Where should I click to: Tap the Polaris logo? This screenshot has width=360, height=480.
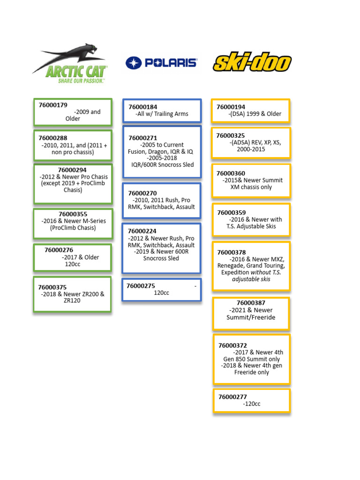click(x=161, y=62)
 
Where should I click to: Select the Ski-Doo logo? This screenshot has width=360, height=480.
click(x=252, y=62)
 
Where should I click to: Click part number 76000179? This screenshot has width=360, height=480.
click(x=53, y=105)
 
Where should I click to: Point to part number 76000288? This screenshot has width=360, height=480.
click(x=53, y=138)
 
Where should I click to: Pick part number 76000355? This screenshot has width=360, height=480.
click(x=73, y=214)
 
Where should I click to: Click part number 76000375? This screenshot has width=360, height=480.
click(x=52, y=287)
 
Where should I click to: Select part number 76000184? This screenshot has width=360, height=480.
click(x=142, y=107)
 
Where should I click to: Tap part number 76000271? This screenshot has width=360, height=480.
click(x=142, y=138)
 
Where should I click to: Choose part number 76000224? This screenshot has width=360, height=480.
click(x=142, y=231)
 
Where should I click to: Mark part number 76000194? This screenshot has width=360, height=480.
click(x=231, y=107)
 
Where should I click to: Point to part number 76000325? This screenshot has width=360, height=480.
click(x=231, y=135)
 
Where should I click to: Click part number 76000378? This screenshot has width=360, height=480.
click(x=232, y=252)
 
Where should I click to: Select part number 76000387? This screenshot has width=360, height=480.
click(x=251, y=303)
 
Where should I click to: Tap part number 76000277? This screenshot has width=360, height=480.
click(x=232, y=397)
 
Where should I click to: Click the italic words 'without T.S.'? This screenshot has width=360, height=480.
click(x=268, y=272)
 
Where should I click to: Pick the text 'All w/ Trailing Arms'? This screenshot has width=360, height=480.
click(x=162, y=113)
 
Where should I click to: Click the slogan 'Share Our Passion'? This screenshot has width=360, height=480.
click(x=81, y=81)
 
